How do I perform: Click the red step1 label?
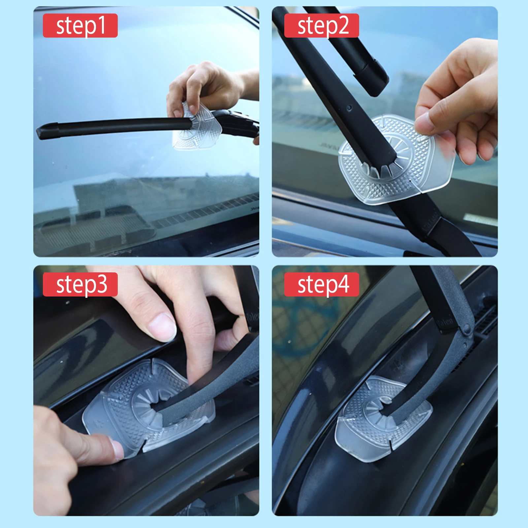(x=80, y=25)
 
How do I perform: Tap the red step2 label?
(x=321, y=25)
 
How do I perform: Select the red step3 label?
(x=80, y=284)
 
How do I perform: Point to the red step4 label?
(x=321, y=284)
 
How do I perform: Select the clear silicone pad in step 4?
(x=383, y=417)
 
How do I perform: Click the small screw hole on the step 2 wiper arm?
(x=349, y=108)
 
